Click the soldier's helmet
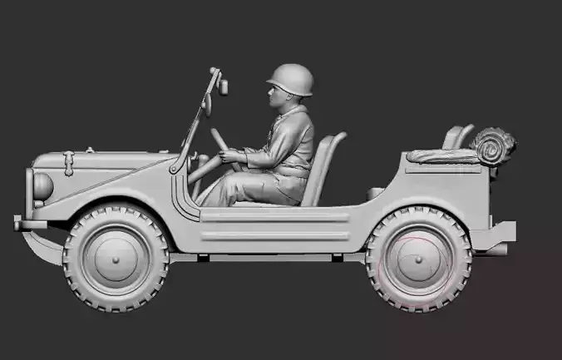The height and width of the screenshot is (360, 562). tap(290, 80)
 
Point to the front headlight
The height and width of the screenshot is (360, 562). tap(41, 185)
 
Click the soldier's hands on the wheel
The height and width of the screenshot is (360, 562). tap(229, 155)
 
